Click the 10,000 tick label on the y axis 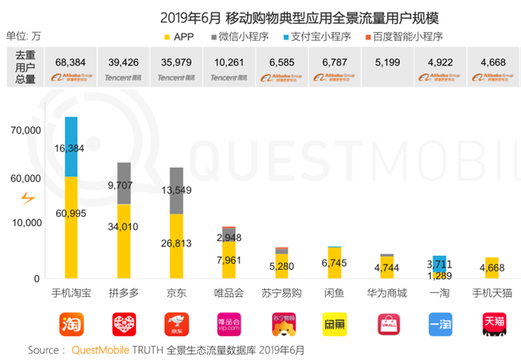(x=26, y=223)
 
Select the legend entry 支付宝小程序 (x=317, y=37)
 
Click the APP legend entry (x=179, y=37)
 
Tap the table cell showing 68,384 (x=71, y=61)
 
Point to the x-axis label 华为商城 (x=386, y=294)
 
